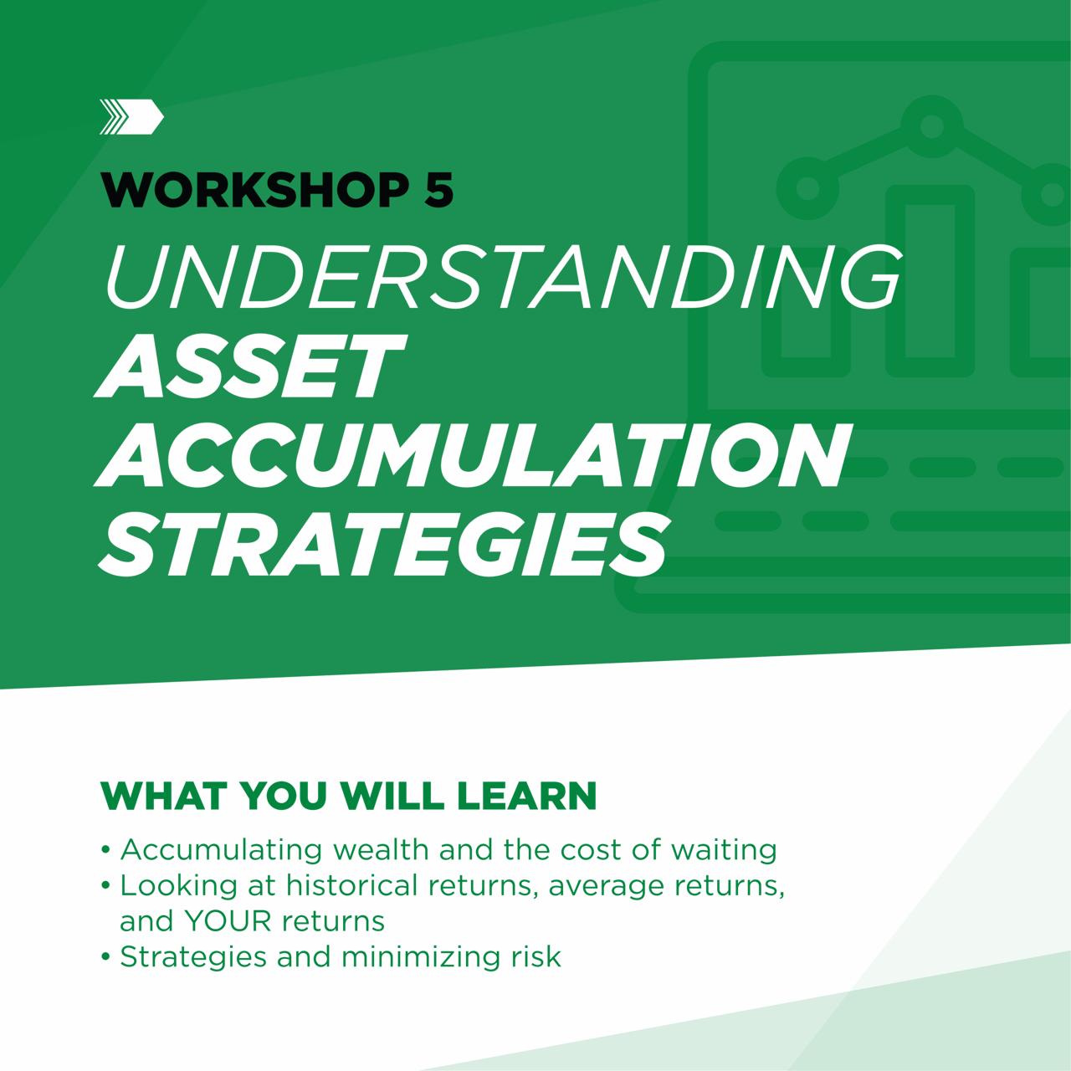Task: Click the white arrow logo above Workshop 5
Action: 131,116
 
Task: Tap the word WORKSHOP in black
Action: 251,192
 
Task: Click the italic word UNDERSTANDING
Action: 502,277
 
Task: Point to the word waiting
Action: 724,851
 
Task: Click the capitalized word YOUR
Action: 228,921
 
